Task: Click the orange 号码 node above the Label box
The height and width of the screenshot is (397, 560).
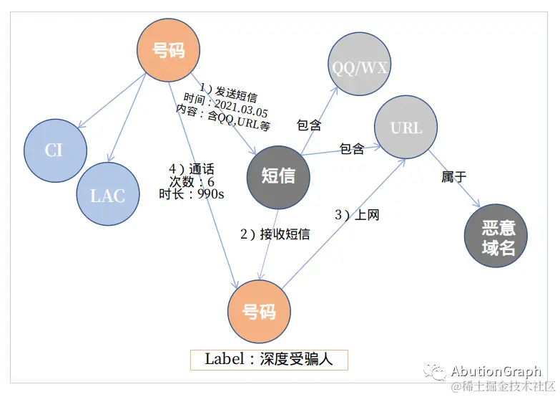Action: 259,312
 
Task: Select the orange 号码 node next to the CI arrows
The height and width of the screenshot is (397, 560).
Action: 169,50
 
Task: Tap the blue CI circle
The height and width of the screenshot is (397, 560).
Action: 54,150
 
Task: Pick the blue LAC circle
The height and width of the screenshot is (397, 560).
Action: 108,194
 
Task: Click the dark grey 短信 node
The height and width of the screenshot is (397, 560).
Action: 278,176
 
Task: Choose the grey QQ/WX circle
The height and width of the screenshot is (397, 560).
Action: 360,67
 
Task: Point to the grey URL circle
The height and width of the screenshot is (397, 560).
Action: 406,128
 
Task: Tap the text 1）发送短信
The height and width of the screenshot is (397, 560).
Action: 227,90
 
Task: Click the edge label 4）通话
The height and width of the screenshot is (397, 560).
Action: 188,168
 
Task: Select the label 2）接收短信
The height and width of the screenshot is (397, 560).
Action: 275,234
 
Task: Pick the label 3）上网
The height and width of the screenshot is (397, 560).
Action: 357,214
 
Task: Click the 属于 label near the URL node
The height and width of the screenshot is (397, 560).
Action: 454,176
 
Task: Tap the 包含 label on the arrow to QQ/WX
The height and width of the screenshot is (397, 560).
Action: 309,125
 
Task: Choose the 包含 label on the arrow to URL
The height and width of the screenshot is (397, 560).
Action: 352,149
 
